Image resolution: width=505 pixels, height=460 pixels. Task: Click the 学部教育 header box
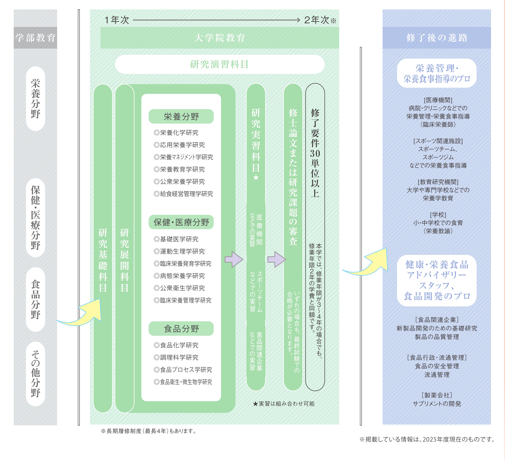click(35, 38)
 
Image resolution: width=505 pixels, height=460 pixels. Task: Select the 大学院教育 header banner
click(220, 38)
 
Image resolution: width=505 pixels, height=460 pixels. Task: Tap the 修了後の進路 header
click(437, 38)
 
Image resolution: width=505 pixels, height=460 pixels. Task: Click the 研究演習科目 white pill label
click(220, 64)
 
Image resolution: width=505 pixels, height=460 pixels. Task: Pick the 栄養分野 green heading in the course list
click(181, 116)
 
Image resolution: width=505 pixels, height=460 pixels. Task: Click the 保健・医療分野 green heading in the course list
click(181, 222)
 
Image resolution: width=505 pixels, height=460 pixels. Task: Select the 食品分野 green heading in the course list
click(181, 328)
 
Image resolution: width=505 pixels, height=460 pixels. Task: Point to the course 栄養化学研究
click(176, 133)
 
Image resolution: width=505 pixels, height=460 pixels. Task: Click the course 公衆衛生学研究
click(179, 288)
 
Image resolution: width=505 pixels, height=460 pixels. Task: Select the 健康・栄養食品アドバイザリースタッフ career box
click(437, 280)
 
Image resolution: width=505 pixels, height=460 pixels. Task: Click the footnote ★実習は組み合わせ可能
click(284, 403)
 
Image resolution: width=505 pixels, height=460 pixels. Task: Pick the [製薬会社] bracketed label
click(437, 395)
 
